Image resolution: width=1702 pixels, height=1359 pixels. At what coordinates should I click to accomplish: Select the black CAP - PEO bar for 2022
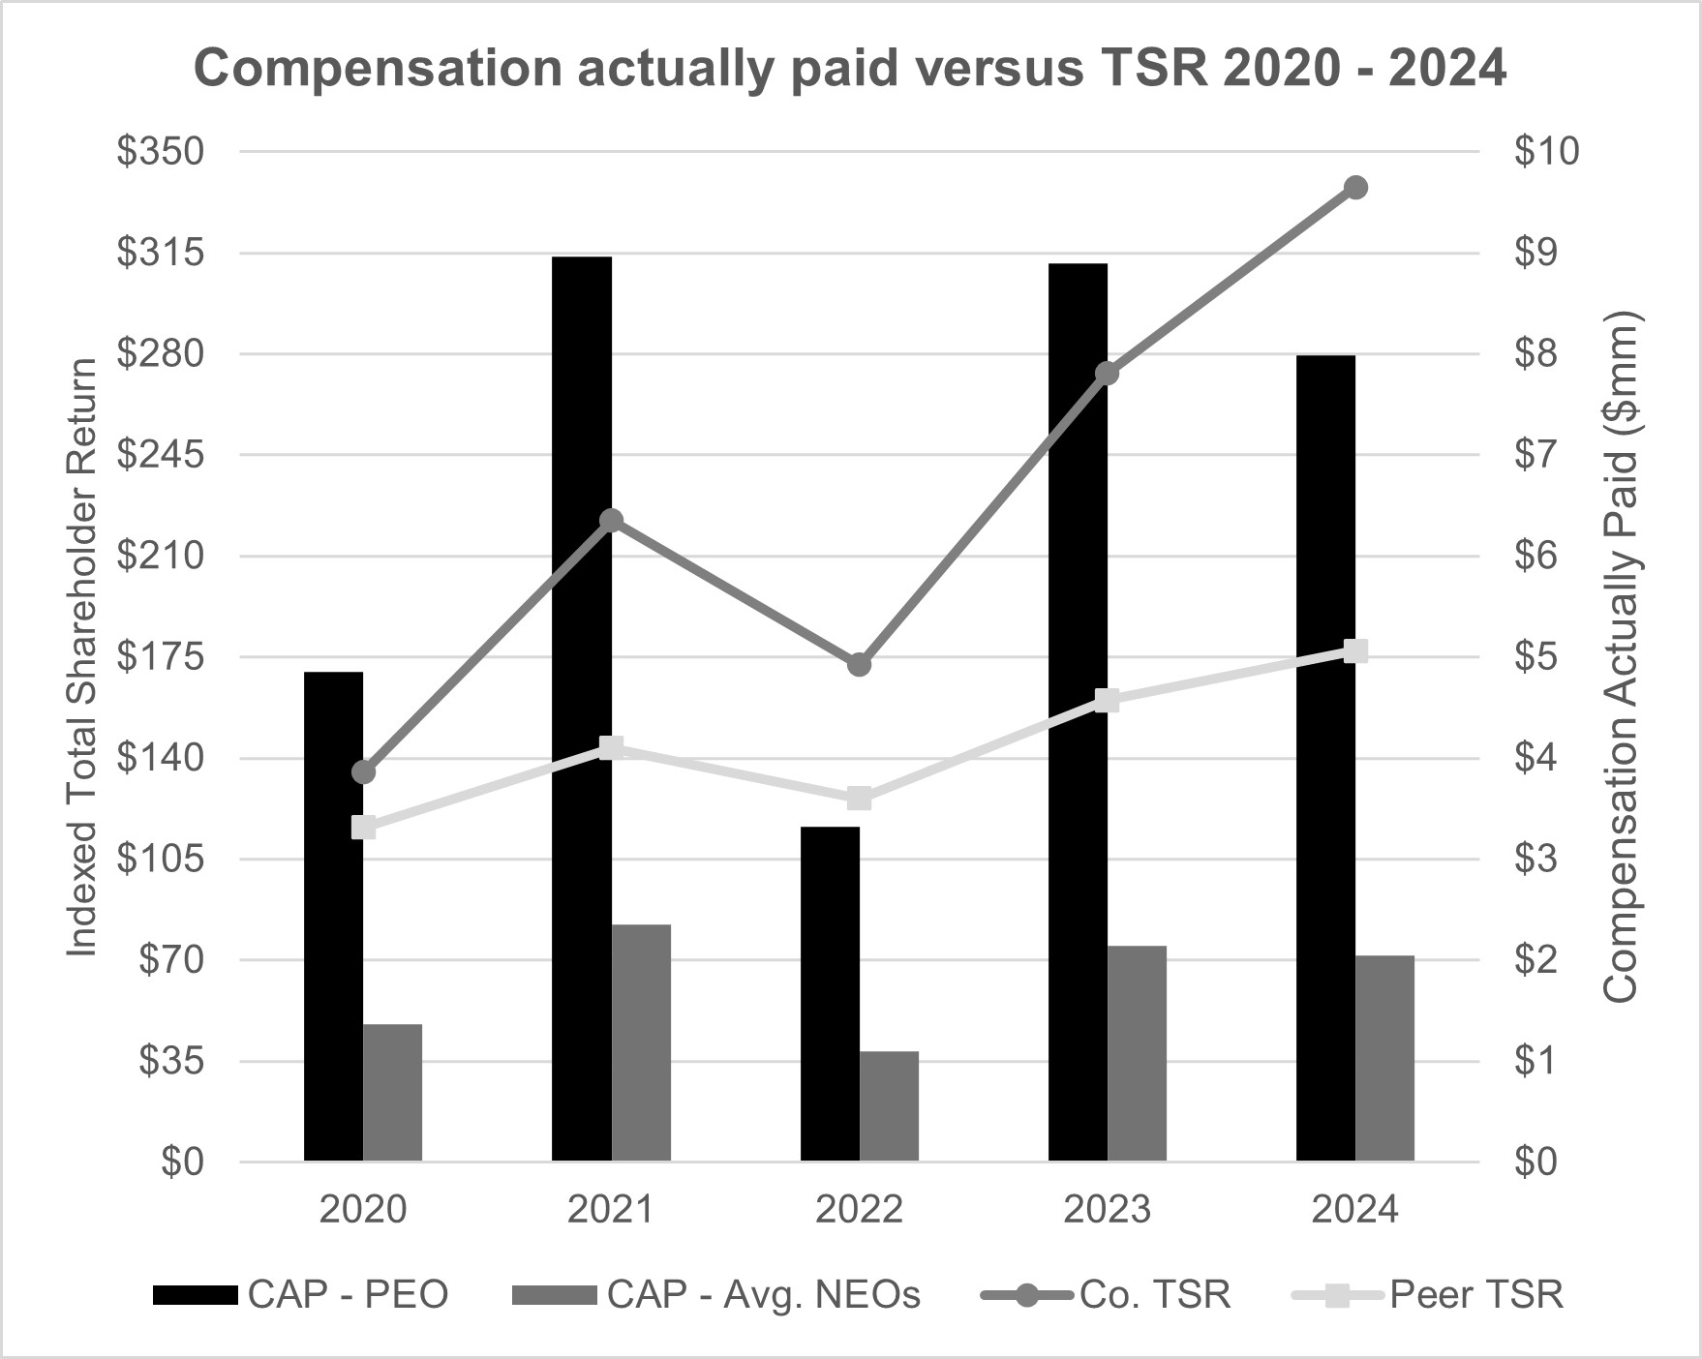coord(830,993)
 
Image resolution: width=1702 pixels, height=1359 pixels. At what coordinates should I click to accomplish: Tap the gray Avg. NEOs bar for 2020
coord(392,1092)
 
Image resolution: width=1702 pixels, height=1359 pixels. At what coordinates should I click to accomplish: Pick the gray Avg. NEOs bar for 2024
coord(1384,1058)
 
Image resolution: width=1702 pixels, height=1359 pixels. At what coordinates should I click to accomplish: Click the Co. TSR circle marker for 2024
coord(1355,188)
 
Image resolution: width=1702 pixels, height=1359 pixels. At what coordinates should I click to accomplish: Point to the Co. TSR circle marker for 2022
coord(859,665)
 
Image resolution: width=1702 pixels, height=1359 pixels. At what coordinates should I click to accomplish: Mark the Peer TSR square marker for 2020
coord(364,827)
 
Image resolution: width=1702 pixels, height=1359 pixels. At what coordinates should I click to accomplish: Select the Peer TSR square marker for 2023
coord(1108,701)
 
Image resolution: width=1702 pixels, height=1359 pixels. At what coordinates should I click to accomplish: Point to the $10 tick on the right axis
coord(1546,152)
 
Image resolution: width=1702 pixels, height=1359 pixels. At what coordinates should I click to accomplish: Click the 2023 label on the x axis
coord(1108,1210)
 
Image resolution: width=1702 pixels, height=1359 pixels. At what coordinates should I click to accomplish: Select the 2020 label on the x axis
coord(363,1210)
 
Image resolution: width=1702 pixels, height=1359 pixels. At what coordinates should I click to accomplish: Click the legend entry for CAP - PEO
coord(300,1294)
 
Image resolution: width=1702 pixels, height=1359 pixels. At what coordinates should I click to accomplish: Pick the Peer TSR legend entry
coord(1428,1294)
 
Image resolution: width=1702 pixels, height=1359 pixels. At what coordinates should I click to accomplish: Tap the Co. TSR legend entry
coord(1106,1294)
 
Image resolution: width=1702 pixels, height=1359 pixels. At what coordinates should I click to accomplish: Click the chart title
coord(850,70)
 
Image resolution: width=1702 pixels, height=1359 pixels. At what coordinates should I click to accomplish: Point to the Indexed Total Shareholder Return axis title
coord(83,657)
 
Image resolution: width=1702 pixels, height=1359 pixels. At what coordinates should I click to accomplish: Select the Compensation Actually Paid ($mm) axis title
coord(1620,657)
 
